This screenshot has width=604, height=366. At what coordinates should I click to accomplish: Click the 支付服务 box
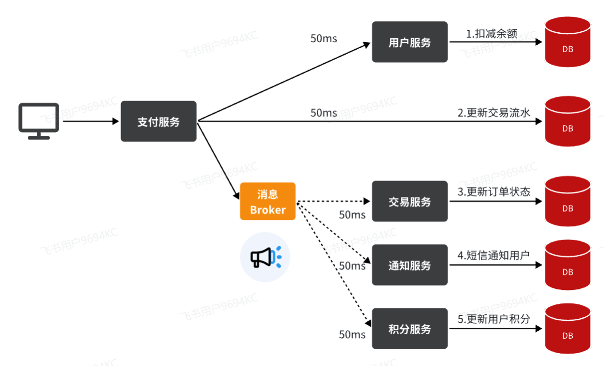pyautogui.click(x=158, y=121)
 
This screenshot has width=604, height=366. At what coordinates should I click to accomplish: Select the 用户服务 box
pyautogui.click(x=409, y=42)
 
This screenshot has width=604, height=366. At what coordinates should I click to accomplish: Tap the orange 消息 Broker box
pyautogui.click(x=267, y=201)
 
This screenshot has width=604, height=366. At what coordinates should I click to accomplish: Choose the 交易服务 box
pyautogui.click(x=409, y=201)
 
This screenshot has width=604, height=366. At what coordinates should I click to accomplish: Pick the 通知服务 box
pyautogui.click(x=409, y=265)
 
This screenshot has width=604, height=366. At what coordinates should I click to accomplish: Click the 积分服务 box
pyautogui.click(x=409, y=329)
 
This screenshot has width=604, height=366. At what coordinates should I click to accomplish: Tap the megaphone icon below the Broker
pyautogui.click(x=265, y=257)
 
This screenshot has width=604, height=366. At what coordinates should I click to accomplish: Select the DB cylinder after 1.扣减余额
pyautogui.click(x=567, y=42)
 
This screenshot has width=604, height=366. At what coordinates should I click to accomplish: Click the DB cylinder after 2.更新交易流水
pyautogui.click(x=567, y=121)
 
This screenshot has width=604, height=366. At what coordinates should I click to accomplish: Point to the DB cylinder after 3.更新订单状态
pyautogui.click(x=567, y=201)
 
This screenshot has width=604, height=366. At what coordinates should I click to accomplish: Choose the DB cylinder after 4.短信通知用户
pyautogui.click(x=567, y=265)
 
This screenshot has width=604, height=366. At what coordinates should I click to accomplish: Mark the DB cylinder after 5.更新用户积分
pyautogui.click(x=567, y=329)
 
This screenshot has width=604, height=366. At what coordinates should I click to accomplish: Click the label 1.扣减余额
pyautogui.click(x=491, y=34)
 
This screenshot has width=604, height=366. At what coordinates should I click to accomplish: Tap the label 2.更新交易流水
pyautogui.click(x=494, y=113)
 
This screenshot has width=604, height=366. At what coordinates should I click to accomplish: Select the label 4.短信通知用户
pyautogui.click(x=493, y=256)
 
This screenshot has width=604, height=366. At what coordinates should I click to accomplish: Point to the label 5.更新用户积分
pyautogui.click(x=493, y=319)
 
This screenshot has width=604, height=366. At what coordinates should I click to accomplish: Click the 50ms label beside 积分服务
pyautogui.click(x=352, y=334)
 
